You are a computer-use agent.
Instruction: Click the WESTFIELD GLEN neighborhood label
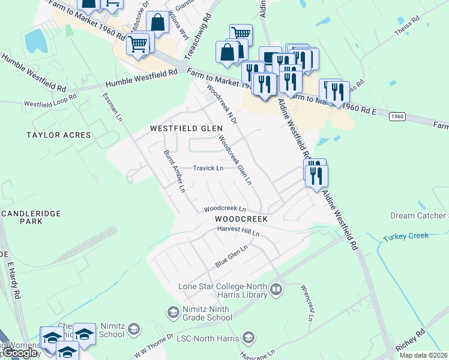click(186, 128)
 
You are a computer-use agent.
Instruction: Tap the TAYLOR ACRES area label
click(58, 135)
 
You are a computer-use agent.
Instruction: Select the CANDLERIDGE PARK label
click(22, 217)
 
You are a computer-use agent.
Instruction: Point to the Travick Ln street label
click(208, 168)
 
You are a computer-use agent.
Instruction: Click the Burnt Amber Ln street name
click(175, 171)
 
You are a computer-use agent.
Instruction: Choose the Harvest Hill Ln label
click(238, 230)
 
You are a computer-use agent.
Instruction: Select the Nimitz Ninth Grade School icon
click(173, 312)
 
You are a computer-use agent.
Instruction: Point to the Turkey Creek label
click(406, 236)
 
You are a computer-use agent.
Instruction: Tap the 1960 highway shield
click(397, 116)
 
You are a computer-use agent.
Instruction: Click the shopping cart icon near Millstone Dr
click(137, 44)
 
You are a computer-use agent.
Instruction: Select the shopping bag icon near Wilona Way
click(157, 23)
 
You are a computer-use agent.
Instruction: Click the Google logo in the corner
click(20, 353)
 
